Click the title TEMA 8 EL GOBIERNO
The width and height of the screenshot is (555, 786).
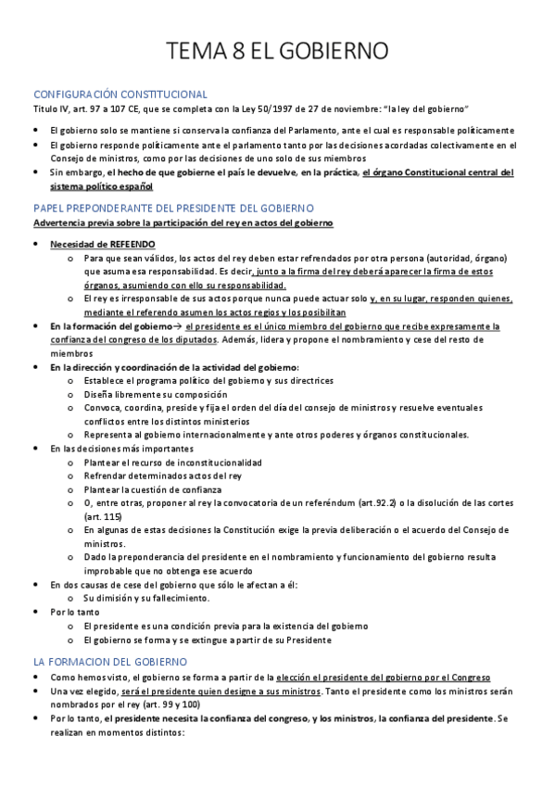click(x=277, y=51)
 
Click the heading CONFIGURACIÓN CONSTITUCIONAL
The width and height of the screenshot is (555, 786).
click(x=120, y=95)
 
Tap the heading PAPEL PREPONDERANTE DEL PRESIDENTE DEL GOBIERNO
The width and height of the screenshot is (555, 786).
click(x=173, y=209)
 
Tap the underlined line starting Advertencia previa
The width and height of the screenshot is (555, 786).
click(x=183, y=223)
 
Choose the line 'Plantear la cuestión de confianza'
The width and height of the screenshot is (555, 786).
click(x=153, y=488)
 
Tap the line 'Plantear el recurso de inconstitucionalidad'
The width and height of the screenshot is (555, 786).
click(x=172, y=462)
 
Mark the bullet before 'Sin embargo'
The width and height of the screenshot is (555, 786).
click(x=36, y=173)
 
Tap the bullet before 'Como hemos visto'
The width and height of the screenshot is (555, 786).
click(x=36, y=678)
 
